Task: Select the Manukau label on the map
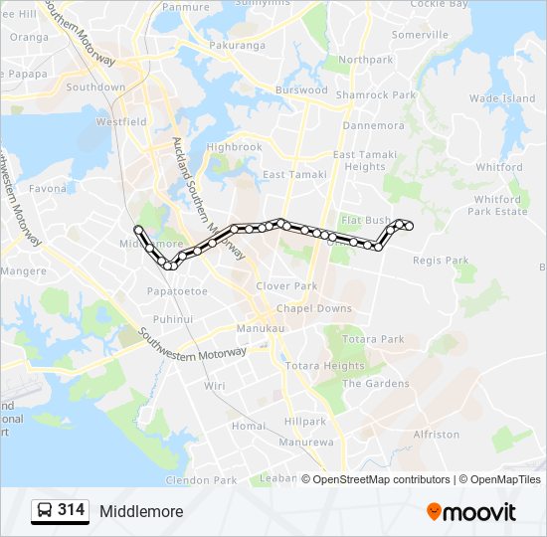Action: click(261, 328)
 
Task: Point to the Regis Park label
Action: click(440, 261)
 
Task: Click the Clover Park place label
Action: click(286, 285)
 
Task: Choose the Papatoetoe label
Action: click(177, 291)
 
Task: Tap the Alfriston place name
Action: click(436, 435)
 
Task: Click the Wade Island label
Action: click(502, 98)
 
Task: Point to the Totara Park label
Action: click(373, 339)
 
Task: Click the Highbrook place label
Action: click(234, 147)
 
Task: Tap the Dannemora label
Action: click(373, 126)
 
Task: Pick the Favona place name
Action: click(48, 188)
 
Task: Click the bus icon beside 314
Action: click(44, 511)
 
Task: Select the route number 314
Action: click(72, 510)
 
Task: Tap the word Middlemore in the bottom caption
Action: click(141, 511)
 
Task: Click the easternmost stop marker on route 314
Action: click(409, 227)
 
